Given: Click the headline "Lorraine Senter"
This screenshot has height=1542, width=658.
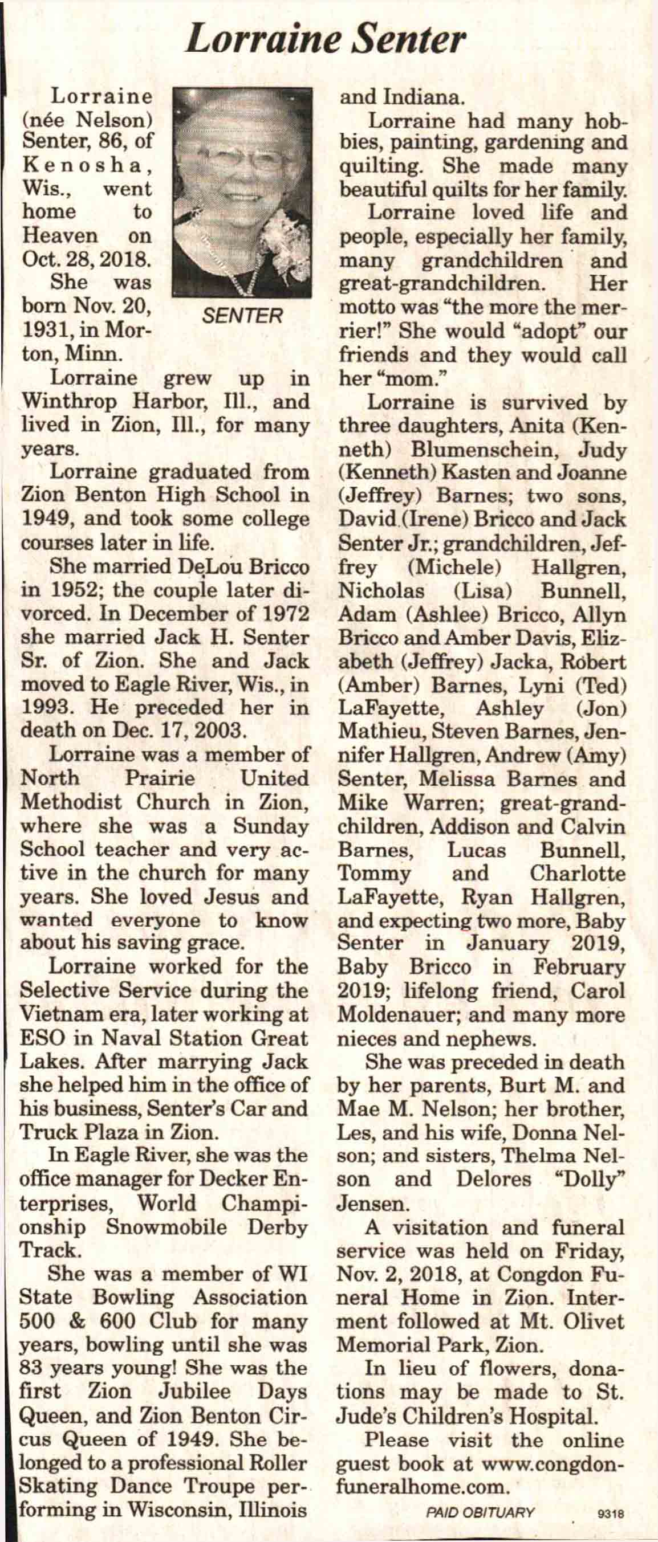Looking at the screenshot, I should [x=325, y=39].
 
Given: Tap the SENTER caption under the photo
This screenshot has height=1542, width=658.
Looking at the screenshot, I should [x=242, y=316].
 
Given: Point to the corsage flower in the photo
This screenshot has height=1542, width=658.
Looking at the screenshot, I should [x=286, y=239].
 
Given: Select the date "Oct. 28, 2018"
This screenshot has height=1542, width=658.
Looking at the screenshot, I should [x=87, y=259].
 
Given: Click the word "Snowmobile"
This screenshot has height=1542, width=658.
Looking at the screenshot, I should [x=166, y=1226].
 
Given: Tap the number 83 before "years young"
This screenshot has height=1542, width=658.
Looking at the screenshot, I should [x=33, y=1351].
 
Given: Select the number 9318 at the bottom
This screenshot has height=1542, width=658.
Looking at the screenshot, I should [x=611, y=1514].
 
